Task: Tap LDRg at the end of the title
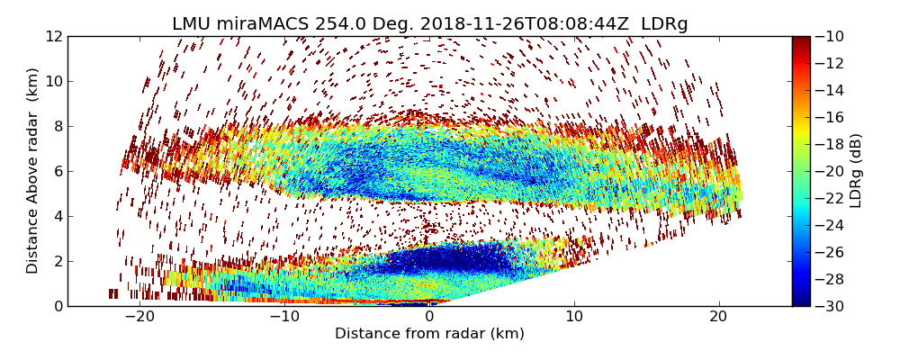(664, 24)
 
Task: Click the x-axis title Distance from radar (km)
(429, 334)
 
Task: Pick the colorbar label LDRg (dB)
(856, 171)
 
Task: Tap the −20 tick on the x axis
(139, 317)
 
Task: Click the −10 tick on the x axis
(284, 317)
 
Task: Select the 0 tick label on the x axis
(429, 317)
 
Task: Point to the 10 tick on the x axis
(574, 317)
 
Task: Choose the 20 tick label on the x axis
(719, 317)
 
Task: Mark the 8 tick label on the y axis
(58, 126)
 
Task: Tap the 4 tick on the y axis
(58, 216)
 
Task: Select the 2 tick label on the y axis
(58, 261)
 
